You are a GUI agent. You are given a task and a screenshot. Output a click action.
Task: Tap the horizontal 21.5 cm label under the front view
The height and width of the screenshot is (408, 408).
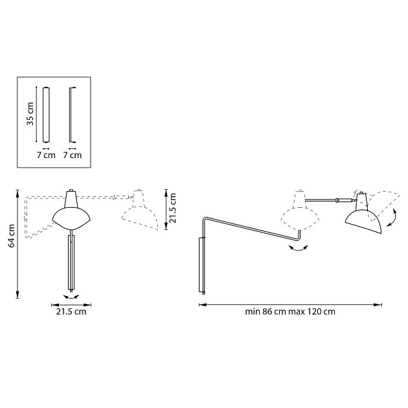(x=70, y=312)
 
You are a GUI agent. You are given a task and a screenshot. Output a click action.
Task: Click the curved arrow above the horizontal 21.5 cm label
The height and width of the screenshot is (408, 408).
(x=70, y=297)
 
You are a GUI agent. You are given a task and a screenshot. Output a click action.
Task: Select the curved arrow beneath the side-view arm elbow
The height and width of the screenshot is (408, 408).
(x=297, y=253)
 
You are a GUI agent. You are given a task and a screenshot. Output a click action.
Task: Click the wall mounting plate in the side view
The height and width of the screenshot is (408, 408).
(x=201, y=266)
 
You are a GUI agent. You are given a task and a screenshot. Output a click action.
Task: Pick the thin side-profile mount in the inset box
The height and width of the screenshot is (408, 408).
(x=72, y=115)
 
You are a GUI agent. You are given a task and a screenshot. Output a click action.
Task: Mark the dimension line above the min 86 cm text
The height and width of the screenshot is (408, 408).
(x=289, y=302)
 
